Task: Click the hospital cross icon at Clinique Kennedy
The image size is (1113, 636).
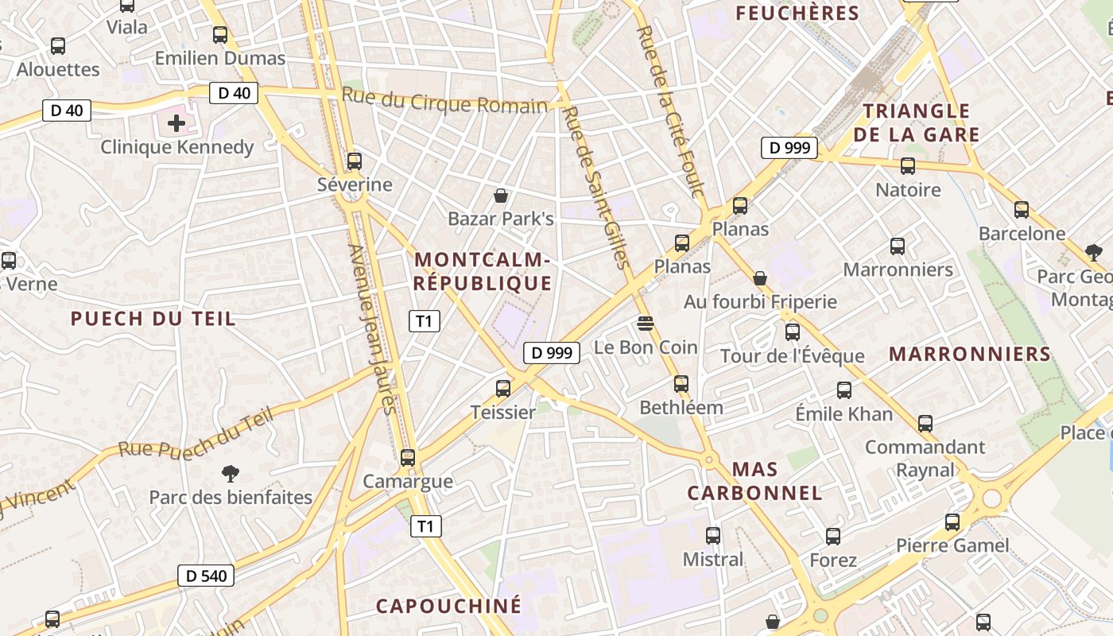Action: click(176, 123)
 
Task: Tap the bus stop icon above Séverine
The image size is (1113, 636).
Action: click(355, 161)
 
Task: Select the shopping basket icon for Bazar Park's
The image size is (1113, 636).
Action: click(501, 195)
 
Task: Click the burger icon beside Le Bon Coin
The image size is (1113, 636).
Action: click(645, 324)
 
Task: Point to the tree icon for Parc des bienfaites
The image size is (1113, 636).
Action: click(231, 474)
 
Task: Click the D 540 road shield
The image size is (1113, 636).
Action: click(205, 576)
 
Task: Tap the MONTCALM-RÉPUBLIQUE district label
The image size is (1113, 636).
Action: click(483, 272)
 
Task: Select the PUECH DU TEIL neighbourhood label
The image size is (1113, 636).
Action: click(153, 319)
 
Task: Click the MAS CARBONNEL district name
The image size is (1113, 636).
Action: click(754, 481)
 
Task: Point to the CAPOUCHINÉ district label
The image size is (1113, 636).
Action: click(449, 606)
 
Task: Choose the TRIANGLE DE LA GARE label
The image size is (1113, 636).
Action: click(917, 122)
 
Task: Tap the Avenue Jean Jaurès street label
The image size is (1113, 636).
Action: click(371, 329)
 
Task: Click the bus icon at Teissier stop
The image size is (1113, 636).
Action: click(503, 388)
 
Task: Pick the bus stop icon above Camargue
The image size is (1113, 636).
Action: click(408, 457)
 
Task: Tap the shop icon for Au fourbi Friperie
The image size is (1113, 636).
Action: click(760, 278)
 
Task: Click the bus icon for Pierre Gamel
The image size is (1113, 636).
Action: click(952, 522)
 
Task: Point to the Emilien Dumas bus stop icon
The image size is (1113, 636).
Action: click(220, 35)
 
